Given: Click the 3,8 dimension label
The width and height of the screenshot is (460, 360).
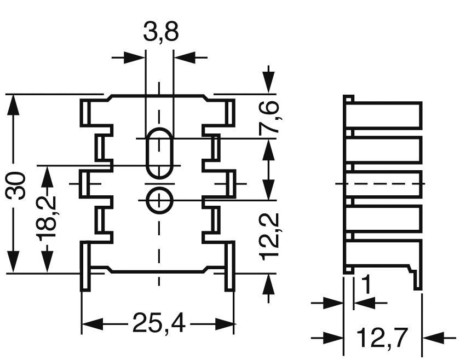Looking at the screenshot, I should (160, 33).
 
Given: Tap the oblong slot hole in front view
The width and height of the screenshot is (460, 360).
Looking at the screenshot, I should (159, 154).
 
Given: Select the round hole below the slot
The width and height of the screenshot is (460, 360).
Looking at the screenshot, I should (159, 201).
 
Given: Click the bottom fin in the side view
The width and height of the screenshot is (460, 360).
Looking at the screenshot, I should (386, 253).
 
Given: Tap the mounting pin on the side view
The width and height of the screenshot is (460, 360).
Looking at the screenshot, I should (418, 279).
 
